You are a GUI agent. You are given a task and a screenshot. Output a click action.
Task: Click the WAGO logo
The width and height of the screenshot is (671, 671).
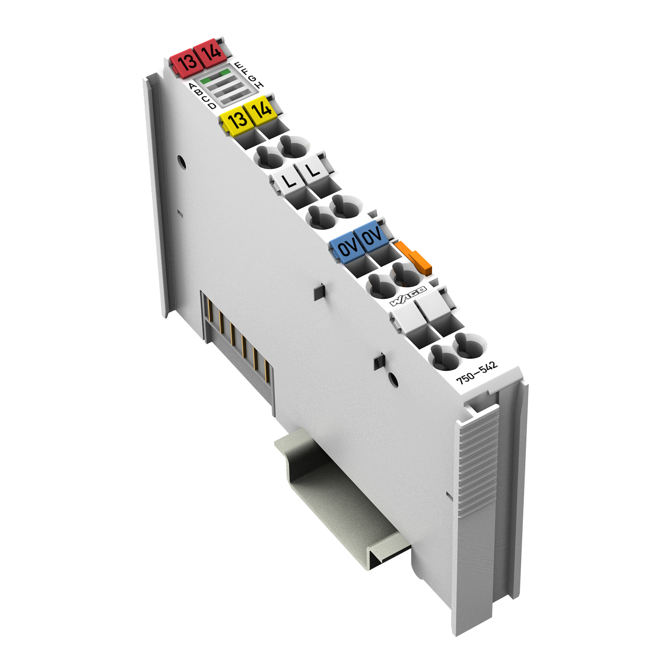[408, 296]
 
